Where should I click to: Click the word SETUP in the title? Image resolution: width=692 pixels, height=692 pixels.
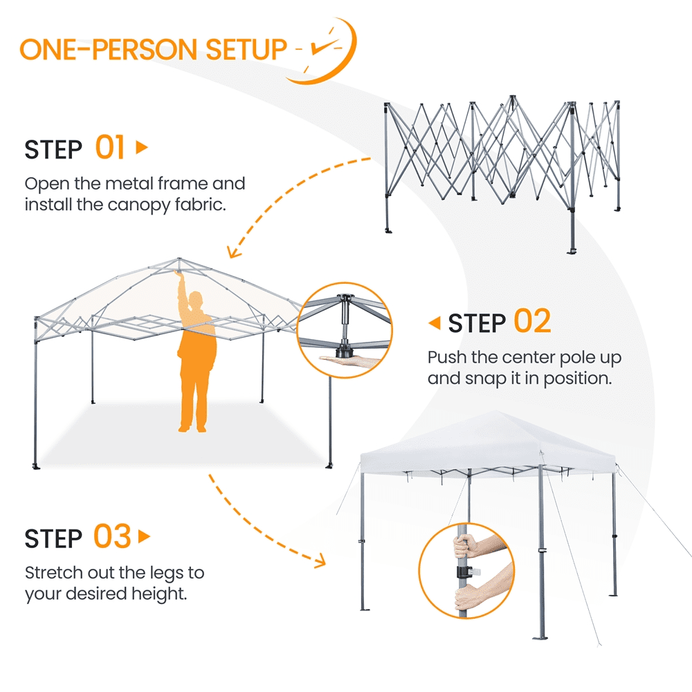(x=246, y=49)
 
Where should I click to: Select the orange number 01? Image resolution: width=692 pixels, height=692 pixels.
(x=110, y=147)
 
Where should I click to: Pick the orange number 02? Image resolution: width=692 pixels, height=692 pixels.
(x=532, y=321)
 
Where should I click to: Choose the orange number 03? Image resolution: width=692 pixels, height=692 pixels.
(x=112, y=536)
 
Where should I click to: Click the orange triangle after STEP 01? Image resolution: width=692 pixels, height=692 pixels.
(x=142, y=147)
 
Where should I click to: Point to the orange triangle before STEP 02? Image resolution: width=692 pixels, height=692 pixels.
(x=435, y=323)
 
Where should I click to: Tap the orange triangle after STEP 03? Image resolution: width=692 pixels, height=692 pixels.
(x=144, y=537)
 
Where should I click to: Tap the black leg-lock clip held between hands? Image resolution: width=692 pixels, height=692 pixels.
(x=464, y=572)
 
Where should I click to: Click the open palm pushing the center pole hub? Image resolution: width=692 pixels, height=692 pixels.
(x=349, y=361)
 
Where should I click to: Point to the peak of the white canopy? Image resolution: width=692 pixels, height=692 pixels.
(x=495, y=411)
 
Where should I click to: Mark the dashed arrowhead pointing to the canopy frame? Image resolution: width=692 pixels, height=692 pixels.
(x=234, y=253)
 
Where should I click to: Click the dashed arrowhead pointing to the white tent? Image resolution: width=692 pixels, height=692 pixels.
(x=320, y=561)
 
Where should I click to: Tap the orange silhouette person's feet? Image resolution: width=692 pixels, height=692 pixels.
(x=192, y=428)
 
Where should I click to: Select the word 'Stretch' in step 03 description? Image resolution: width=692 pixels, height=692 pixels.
(x=53, y=573)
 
